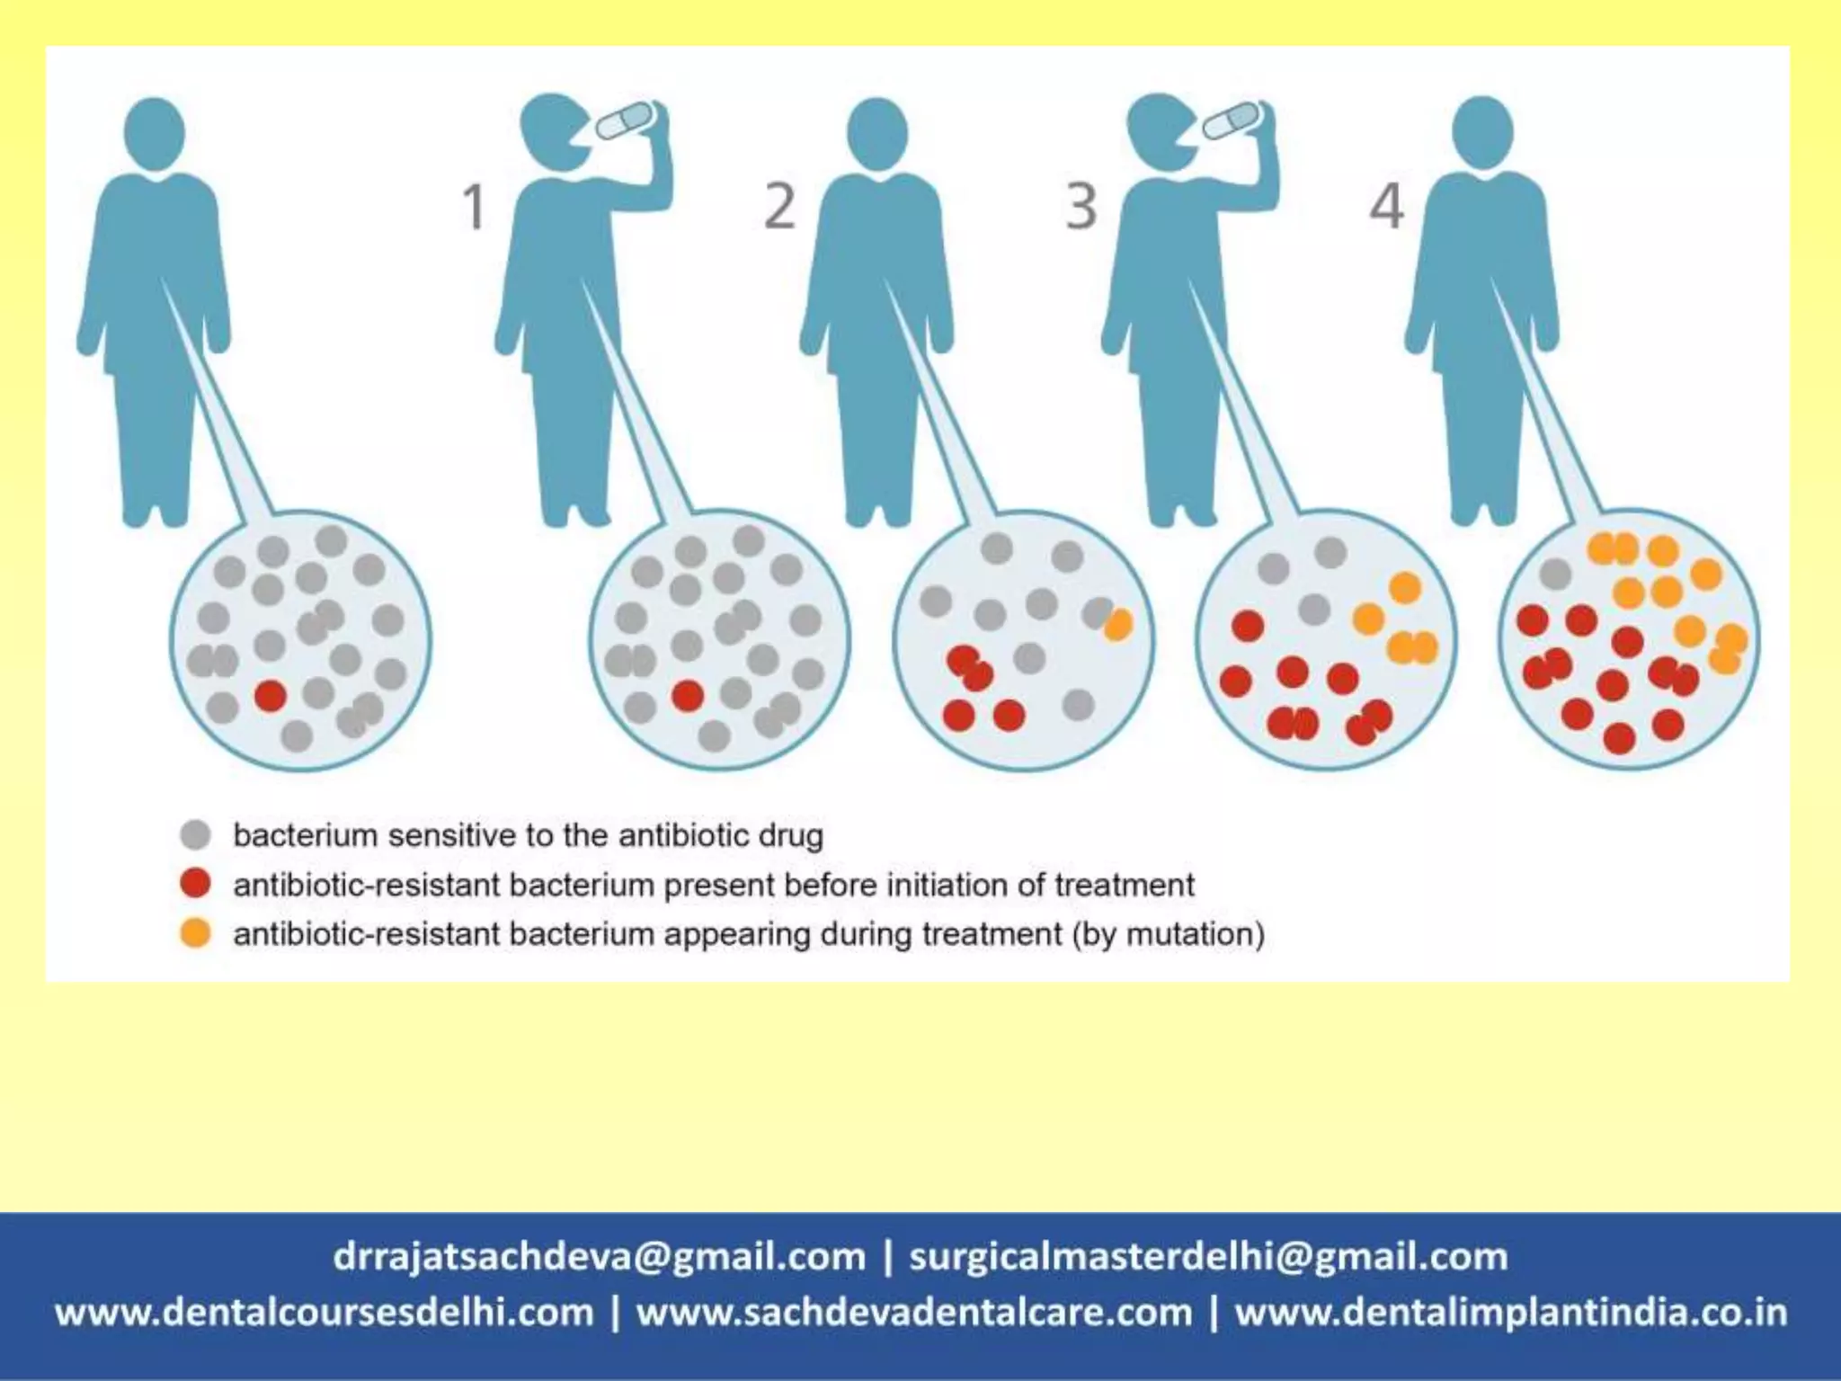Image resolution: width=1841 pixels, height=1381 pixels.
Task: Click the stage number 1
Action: pyautogui.click(x=474, y=207)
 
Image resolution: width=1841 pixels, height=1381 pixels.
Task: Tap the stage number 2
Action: pyautogui.click(x=779, y=207)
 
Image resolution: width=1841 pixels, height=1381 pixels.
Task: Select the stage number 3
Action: pyautogui.click(x=1081, y=207)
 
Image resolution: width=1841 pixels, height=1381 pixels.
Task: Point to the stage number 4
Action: pyautogui.click(x=1386, y=207)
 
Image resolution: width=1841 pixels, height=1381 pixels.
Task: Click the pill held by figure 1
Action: pyautogui.click(x=626, y=120)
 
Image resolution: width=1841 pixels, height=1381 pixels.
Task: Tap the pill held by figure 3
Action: pyautogui.click(x=1232, y=120)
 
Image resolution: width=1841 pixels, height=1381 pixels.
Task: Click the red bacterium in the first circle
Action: pyautogui.click(x=270, y=695)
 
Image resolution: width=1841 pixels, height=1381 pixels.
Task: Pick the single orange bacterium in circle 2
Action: pyautogui.click(x=1118, y=624)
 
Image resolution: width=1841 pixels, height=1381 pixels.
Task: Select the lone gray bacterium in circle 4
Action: pyautogui.click(x=1555, y=574)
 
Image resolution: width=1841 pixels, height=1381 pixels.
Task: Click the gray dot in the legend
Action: pyautogui.click(x=195, y=835)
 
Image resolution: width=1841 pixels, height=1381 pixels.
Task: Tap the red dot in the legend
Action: pyautogui.click(x=195, y=884)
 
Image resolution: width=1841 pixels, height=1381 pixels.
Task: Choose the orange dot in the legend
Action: pyautogui.click(x=195, y=933)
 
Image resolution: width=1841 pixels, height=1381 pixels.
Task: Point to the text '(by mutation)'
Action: pyautogui.click(x=1168, y=933)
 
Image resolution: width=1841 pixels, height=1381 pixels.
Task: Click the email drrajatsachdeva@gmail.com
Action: pyautogui.click(x=600, y=1256)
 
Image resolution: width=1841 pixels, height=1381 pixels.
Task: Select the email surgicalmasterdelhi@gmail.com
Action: pyautogui.click(x=1208, y=1256)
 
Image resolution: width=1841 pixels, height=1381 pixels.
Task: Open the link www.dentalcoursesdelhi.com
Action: pyautogui.click(x=325, y=1313)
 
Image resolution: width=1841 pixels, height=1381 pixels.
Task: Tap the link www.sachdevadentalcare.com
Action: pyautogui.click(x=914, y=1313)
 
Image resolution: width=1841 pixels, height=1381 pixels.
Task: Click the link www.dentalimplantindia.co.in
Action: pyautogui.click(x=1511, y=1313)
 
